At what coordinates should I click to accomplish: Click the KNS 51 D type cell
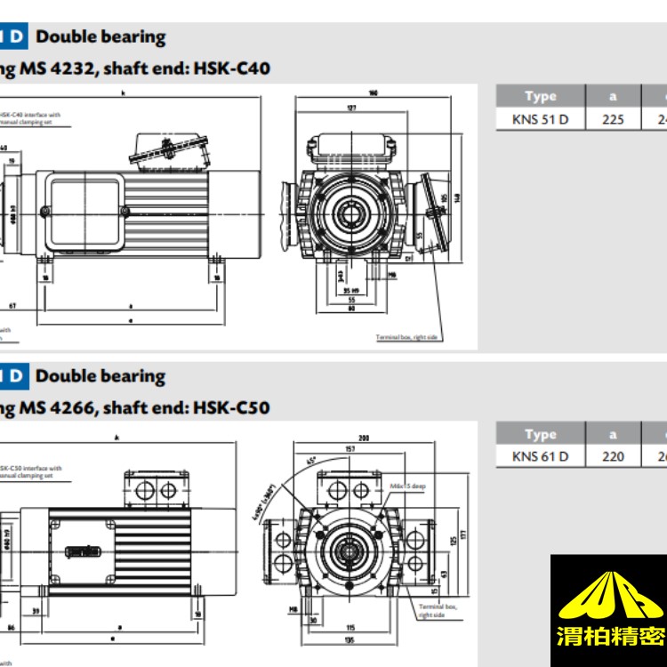540,119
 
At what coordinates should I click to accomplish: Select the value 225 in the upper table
613,119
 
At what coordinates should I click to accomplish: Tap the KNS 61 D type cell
540,456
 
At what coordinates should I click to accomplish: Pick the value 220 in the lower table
613,456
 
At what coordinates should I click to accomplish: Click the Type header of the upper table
540,96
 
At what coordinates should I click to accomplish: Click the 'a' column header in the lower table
613,434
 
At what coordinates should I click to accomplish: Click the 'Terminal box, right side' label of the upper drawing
408,338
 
